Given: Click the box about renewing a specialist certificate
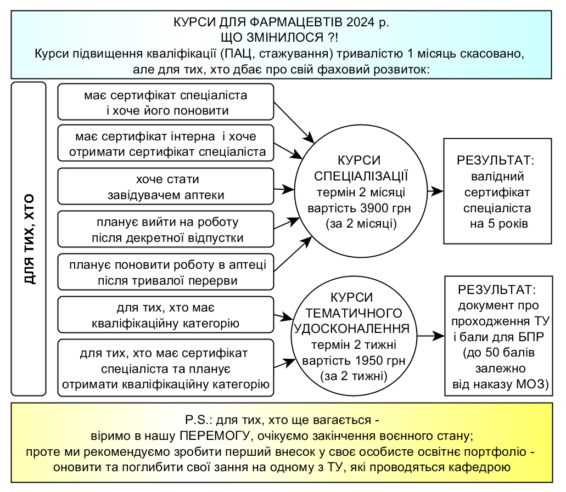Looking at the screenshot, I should pyautogui.click(x=165, y=102).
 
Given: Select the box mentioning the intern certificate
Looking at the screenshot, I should pyautogui.click(x=165, y=143).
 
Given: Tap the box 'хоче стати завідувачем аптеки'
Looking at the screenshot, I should pyautogui.click(x=165, y=187).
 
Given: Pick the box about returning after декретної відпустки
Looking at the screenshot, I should pyautogui.click(x=165, y=230).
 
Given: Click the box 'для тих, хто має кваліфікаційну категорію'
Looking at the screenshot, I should pyautogui.click(x=165, y=315).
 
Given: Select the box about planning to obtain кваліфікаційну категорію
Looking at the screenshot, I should pyautogui.click(x=165, y=367).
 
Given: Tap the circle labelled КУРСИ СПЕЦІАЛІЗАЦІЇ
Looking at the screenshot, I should pyautogui.click(x=360, y=192).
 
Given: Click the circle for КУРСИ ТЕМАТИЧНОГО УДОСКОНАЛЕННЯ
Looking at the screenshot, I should pyautogui.click(x=354, y=336).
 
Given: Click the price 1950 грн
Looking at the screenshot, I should pyautogui.click(x=376, y=361).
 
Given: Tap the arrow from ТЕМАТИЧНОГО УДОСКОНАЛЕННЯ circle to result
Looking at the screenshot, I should pyautogui.click(x=430, y=336).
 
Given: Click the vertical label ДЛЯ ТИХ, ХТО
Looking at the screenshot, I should pyautogui.click(x=29, y=239).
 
